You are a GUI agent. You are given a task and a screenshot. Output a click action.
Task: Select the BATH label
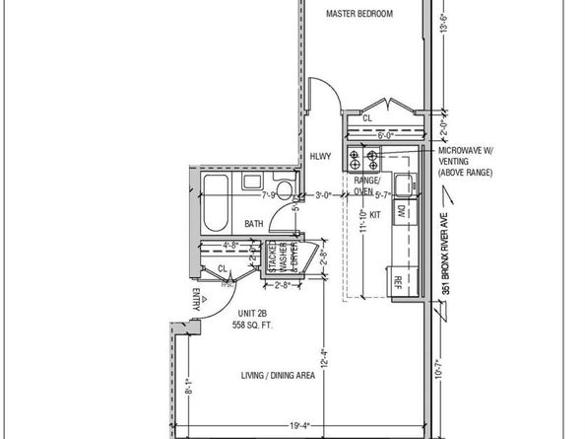click(x=254, y=224)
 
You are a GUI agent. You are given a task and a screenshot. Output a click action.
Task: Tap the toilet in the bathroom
click(x=284, y=189)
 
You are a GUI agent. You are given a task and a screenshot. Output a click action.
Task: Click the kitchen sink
click(x=403, y=181)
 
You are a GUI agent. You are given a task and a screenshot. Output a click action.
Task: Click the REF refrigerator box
click(x=399, y=281)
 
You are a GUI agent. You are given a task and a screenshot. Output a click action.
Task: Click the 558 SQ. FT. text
click(x=225, y=325)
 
